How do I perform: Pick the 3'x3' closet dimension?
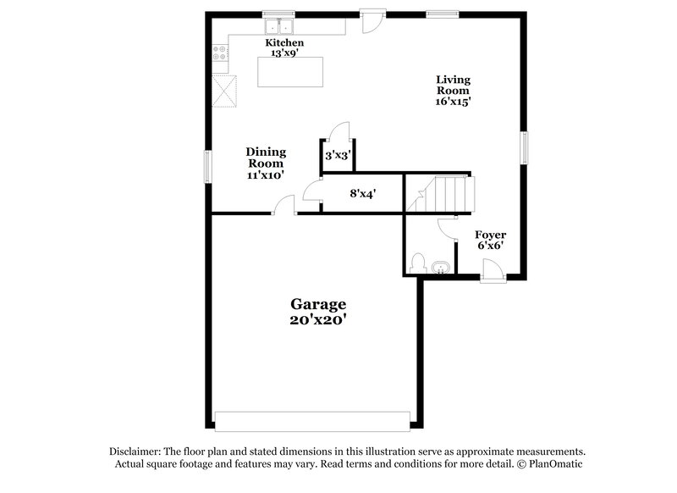pos(338,156)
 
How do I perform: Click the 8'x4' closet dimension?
pos(362,193)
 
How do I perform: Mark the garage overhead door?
pos(312,419)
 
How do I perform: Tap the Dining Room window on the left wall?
pos(207,165)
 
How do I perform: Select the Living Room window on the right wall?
pos(525,148)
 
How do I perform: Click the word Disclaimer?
pos(136,451)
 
